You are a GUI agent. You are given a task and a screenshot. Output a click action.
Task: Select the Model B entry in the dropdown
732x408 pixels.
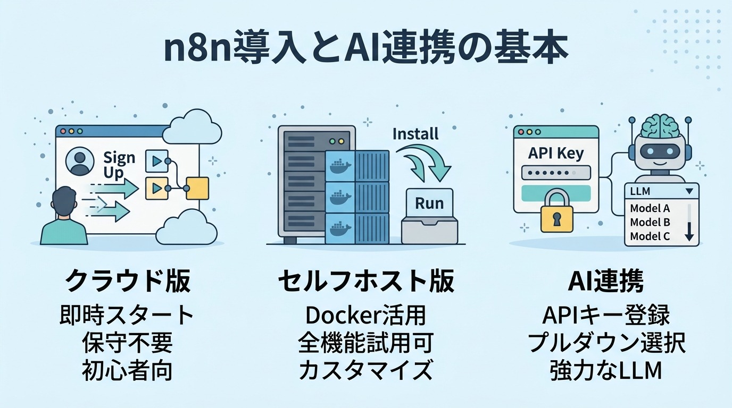tap(650, 222)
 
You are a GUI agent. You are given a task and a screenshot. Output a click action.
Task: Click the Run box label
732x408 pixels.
tap(429, 203)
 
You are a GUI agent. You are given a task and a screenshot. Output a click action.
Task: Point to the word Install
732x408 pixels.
tap(415, 134)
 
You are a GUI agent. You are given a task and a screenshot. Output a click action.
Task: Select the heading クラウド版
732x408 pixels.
tap(128, 280)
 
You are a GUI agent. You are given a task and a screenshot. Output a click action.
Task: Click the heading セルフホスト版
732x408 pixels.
tap(366, 280)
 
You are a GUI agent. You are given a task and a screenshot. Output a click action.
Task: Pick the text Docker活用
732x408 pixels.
tap(365, 316)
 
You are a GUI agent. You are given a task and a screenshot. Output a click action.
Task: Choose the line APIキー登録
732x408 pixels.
tap(606, 316)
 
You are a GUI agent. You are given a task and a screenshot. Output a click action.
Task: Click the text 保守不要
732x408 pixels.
tap(127, 343)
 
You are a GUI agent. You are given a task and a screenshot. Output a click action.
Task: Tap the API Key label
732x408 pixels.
tap(556, 153)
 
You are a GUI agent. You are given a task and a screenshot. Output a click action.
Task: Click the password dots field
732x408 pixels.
tap(556, 173)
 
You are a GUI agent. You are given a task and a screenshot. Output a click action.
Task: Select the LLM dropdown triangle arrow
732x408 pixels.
tap(689, 191)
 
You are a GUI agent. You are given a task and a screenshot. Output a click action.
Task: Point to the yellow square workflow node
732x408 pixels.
tap(197, 189)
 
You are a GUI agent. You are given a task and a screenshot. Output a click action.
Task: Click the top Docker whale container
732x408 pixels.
tap(340, 166)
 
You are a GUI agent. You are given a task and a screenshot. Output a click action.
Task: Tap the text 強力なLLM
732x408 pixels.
tap(606, 370)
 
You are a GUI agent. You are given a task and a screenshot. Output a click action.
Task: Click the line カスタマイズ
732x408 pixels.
tap(365, 370)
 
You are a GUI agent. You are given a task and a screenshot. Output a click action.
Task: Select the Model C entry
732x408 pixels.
tap(650, 236)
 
